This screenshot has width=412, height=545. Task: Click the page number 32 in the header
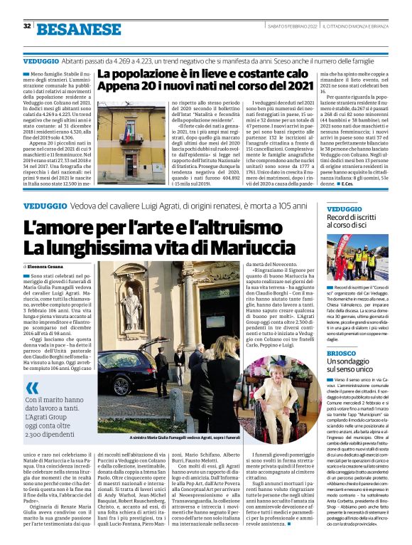click(27, 26)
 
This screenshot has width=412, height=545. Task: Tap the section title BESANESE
click(79, 29)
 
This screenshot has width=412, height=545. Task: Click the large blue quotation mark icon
click(33, 388)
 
